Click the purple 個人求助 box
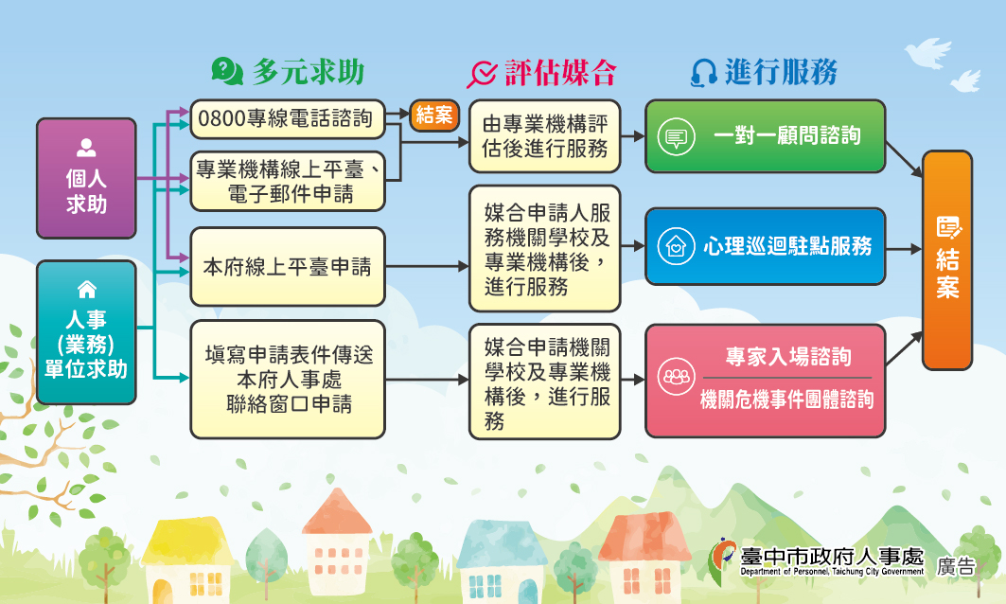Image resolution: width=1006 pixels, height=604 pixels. pyautogui.click(x=87, y=178)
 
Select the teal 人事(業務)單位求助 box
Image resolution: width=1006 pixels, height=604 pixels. pyautogui.click(x=87, y=332)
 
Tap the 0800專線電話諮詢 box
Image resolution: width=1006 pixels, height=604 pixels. pyautogui.click(x=288, y=118)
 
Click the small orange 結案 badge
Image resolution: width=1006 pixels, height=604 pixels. pyautogui.click(x=434, y=115)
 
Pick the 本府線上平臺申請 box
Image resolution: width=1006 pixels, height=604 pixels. pyautogui.click(x=288, y=266)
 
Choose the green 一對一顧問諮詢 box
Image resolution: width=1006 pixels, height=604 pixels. pyautogui.click(x=766, y=136)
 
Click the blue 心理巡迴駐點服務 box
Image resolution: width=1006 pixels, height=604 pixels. pyautogui.click(x=766, y=246)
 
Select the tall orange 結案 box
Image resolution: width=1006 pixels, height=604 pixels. pyautogui.click(x=947, y=260)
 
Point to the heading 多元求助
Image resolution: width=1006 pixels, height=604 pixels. pyautogui.click(x=309, y=72)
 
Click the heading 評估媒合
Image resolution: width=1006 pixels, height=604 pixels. pyautogui.click(x=561, y=72)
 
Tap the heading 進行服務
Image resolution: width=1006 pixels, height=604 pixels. pyautogui.click(x=782, y=72)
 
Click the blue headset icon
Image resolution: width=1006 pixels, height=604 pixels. pyautogui.click(x=704, y=73)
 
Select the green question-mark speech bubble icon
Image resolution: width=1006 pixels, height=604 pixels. pyautogui.click(x=227, y=71)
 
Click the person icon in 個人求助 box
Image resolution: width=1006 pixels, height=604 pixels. pyautogui.click(x=86, y=148)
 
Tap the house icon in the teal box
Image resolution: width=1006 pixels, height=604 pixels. pyautogui.click(x=87, y=290)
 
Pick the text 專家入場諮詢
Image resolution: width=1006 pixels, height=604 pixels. pyautogui.click(x=788, y=357)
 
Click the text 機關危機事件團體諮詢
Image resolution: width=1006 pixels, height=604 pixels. pyautogui.click(x=786, y=400)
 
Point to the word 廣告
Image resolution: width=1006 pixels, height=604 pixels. pyautogui.click(x=955, y=566)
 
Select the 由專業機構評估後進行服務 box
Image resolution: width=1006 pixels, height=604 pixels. pyautogui.click(x=545, y=136)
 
